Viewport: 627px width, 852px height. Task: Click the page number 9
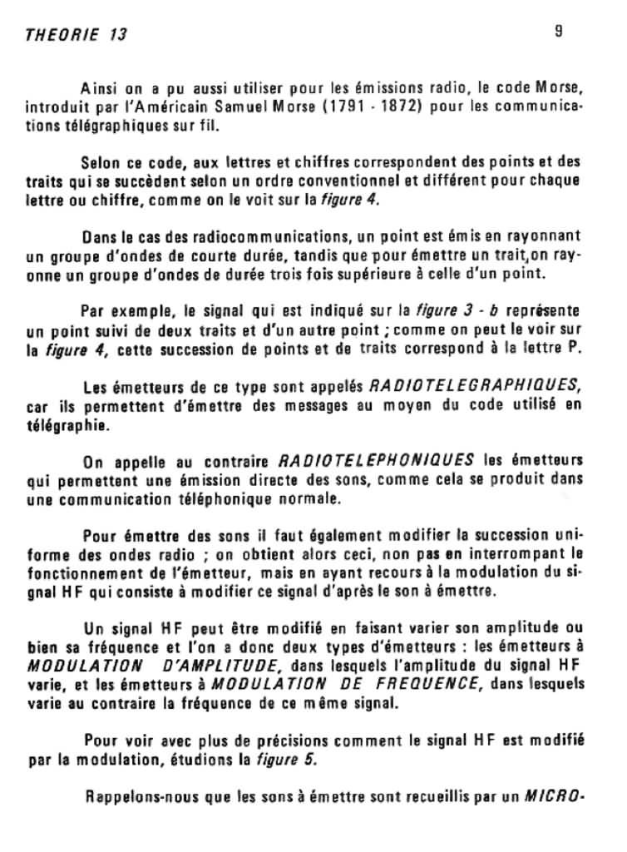click(558, 31)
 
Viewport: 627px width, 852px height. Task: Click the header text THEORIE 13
click(76, 35)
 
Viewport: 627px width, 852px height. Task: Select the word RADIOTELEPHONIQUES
click(376, 460)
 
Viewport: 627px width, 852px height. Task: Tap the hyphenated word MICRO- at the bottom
click(555, 795)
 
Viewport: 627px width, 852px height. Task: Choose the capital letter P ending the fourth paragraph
click(574, 350)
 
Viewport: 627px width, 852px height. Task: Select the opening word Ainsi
click(97, 89)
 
